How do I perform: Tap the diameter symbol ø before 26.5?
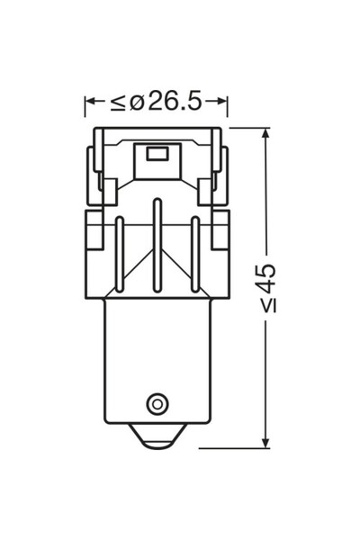[137, 102]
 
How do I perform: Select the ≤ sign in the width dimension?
[118, 103]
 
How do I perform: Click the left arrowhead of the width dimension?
[90, 103]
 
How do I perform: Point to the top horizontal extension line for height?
[247, 128]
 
